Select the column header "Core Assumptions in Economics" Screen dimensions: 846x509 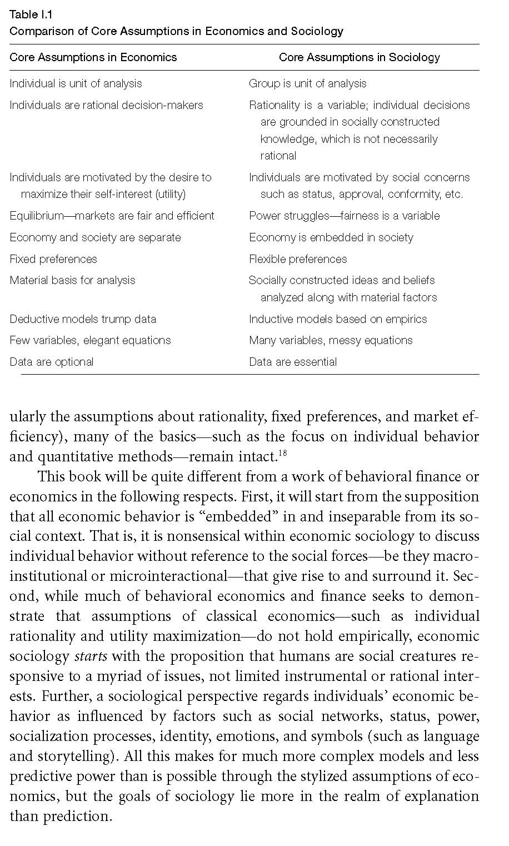[x=93, y=57]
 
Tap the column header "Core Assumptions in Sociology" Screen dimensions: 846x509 [x=359, y=57]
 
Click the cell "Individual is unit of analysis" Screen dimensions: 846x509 [x=76, y=83]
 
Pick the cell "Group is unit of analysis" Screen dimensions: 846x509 [x=307, y=83]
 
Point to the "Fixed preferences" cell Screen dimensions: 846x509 [x=53, y=259]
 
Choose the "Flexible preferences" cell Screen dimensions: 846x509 [x=298, y=259]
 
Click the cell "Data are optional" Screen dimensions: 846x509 [x=52, y=362]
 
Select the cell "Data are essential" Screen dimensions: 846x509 [x=293, y=362]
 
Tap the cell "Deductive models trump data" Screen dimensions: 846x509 [x=83, y=319]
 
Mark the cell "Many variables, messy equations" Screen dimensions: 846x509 [x=331, y=340]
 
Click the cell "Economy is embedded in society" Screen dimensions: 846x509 [x=331, y=237]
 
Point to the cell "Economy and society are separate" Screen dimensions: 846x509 [x=95, y=237]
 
